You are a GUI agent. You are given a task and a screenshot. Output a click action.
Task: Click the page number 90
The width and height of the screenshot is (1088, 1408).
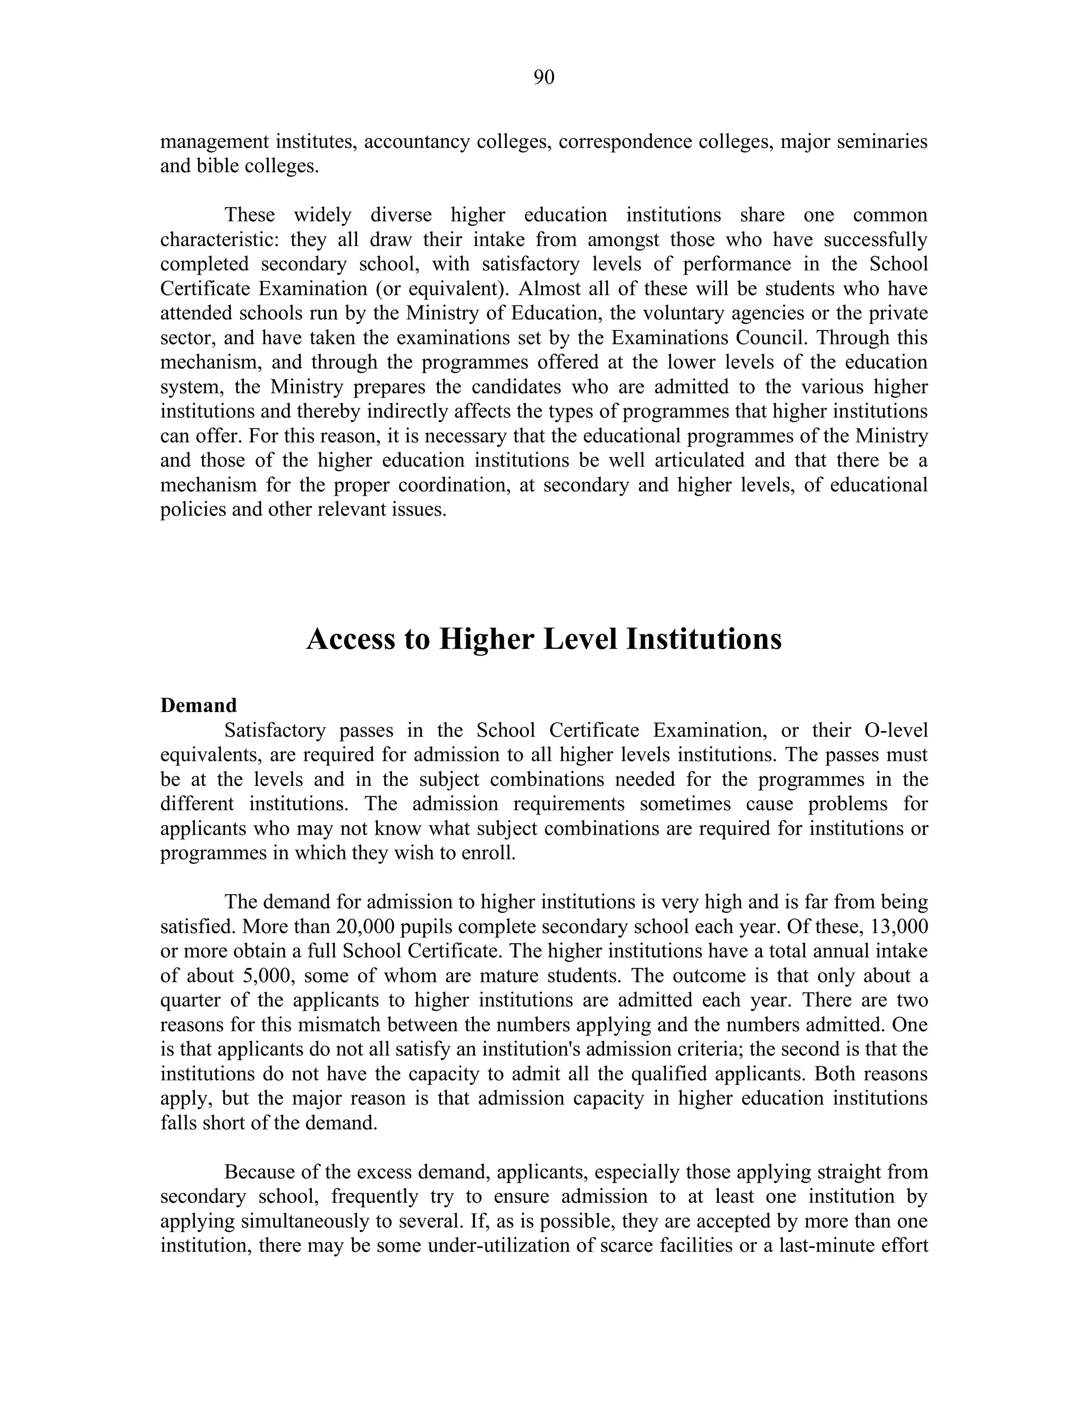click(543, 78)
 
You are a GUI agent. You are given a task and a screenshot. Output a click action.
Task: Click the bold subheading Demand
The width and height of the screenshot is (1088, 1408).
click(199, 705)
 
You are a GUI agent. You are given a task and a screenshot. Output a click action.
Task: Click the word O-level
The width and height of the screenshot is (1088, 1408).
click(892, 731)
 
